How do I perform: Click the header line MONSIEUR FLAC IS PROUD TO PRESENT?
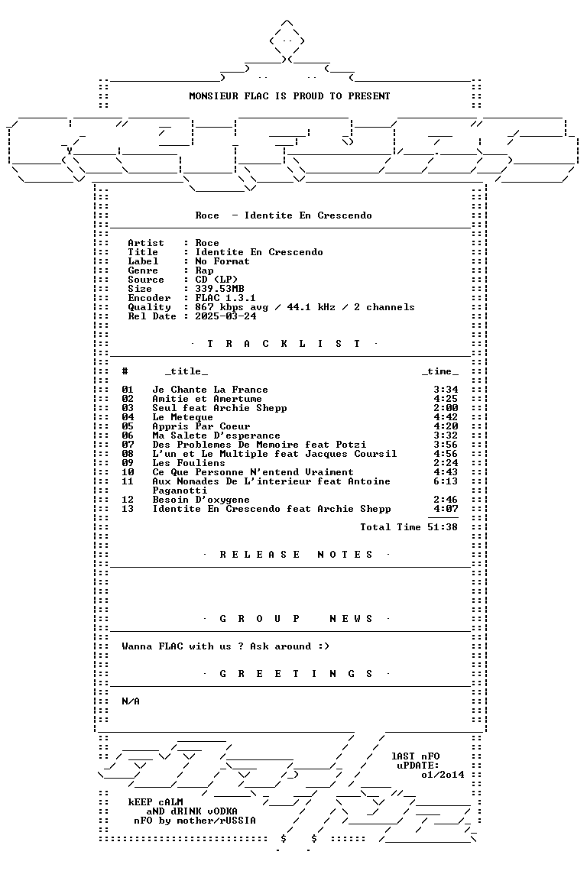(x=290, y=96)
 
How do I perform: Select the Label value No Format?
(x=222, y=261)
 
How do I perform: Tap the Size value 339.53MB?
(x=219, y=289)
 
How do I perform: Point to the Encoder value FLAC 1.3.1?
(x=225, y=298)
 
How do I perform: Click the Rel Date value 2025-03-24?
(x=225, y=316)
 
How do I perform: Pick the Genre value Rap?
(x=205, y=270)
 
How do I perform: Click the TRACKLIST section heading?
(x=284, y=344)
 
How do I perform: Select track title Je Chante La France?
(x=210, y=390)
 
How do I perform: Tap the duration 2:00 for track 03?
(x=446, y=408)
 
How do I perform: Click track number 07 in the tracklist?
(x=128, y=445)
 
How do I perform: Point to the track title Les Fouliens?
(x=189, y=463)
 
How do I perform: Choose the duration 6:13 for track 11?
(x=446, y=481)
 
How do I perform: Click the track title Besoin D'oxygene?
(x=201, y=500)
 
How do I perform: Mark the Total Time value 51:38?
(x=443, y=527)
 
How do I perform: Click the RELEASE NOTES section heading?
(x=296, y=555)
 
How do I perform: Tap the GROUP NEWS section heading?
(x=296, y=619)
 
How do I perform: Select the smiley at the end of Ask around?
(x=323, y=646)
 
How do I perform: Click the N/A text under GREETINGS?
(x=131, y=701)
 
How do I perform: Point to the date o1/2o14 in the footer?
(x=443, y=774)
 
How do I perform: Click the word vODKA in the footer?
(x=222, y=811)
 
